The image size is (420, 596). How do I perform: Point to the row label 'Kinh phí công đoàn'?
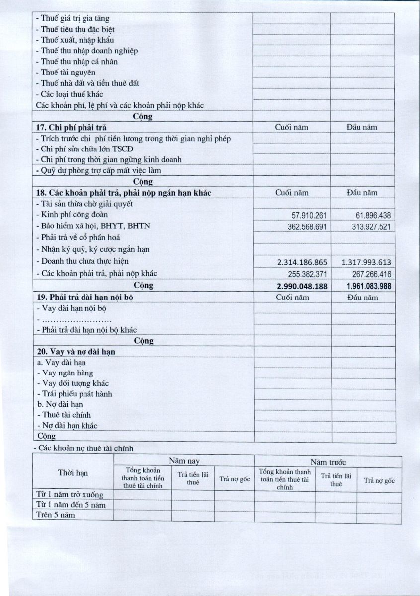73,215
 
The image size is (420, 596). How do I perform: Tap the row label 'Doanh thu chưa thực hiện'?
82,261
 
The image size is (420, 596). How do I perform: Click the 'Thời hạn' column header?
73,473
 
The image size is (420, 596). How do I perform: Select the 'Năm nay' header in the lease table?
184,461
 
